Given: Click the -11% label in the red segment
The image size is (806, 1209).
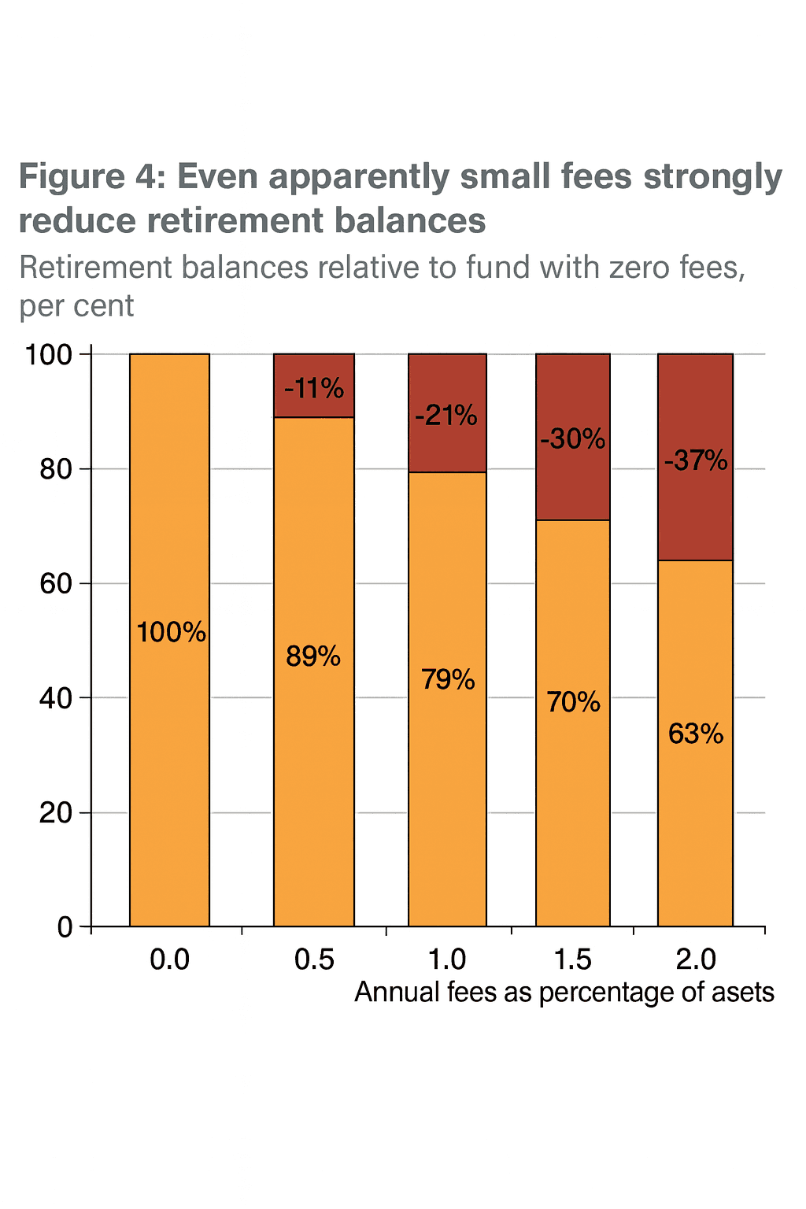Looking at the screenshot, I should tap(314, 388).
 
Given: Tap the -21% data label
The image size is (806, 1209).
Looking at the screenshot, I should tap(446, 415).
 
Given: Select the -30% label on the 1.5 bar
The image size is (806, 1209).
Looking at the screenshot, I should tap(573, 438).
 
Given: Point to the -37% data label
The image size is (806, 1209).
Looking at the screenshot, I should tap(696, 460).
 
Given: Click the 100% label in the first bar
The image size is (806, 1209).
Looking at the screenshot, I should tap(171, 632).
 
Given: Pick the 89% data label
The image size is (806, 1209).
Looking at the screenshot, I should tap(313, 656).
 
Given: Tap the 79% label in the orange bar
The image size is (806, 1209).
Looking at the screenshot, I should tap(448, 678).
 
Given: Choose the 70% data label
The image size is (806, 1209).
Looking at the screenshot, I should tap(573, 701).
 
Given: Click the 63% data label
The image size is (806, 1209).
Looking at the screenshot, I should tap(696, 734).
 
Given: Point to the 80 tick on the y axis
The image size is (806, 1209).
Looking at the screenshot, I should tap(56, 469).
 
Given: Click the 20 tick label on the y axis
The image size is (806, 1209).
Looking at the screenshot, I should tap(56, 812).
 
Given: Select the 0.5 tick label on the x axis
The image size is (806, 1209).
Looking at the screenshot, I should tap(314, 959).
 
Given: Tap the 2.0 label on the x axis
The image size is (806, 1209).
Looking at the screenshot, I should tap(696, 959).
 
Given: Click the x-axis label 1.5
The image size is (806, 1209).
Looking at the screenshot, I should tap(572, 959).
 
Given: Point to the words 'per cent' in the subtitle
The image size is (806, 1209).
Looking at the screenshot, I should tap(76, 306).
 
